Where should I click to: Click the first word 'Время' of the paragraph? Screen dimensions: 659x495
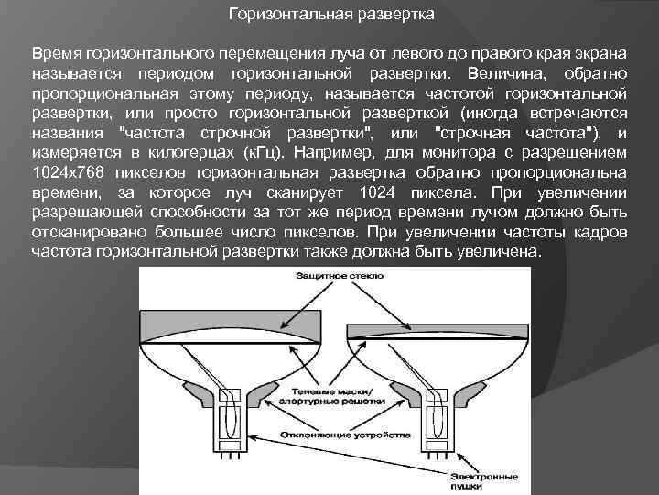click(x=51, y=52)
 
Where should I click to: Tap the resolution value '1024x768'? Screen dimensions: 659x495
click(x=64, y=173)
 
